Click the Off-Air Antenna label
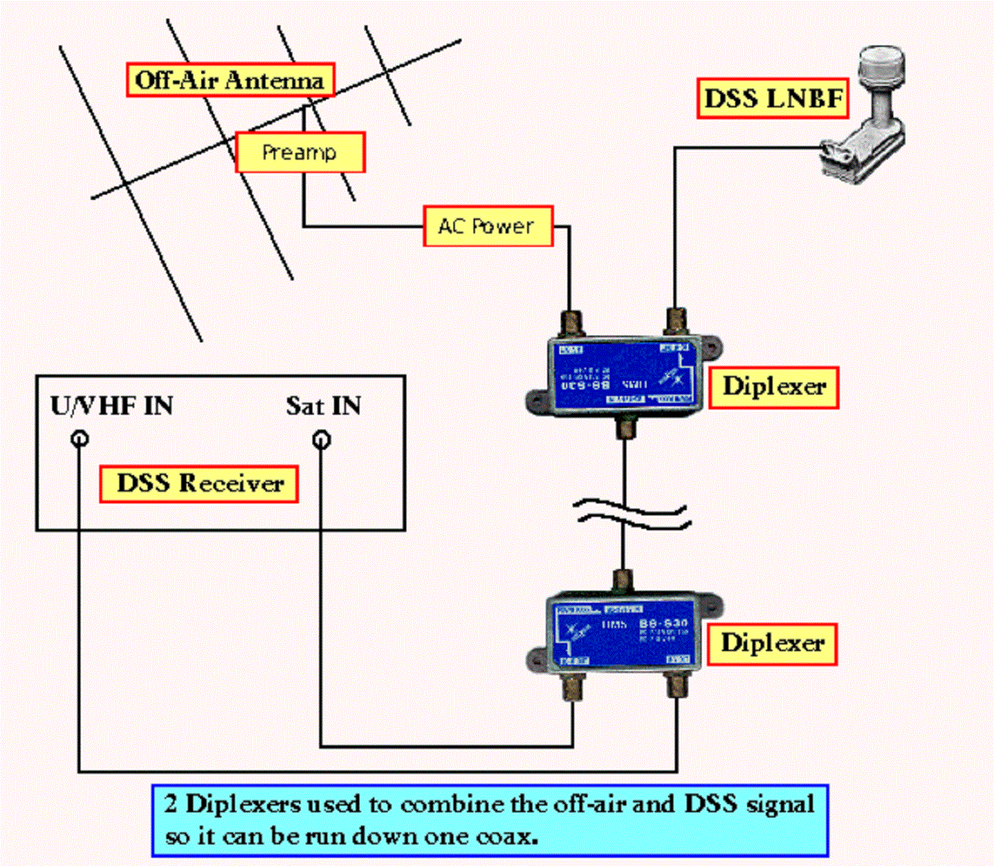pos(230,80)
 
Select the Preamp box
pos(300,152)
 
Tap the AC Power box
pos(488,226)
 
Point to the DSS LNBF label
pos(773,98)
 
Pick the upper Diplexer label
pos(773,386)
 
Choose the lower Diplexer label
pos(772,643)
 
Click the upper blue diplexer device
pos(624,376)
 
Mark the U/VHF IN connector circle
pos(80,439)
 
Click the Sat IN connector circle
pos(321,439)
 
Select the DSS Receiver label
pos(199,483)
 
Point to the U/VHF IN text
pos(112,406)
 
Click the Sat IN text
pos(324,406)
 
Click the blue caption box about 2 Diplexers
pos(490,820)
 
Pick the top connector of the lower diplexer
pos(622,581)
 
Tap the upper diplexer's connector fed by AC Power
pos(571,323)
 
